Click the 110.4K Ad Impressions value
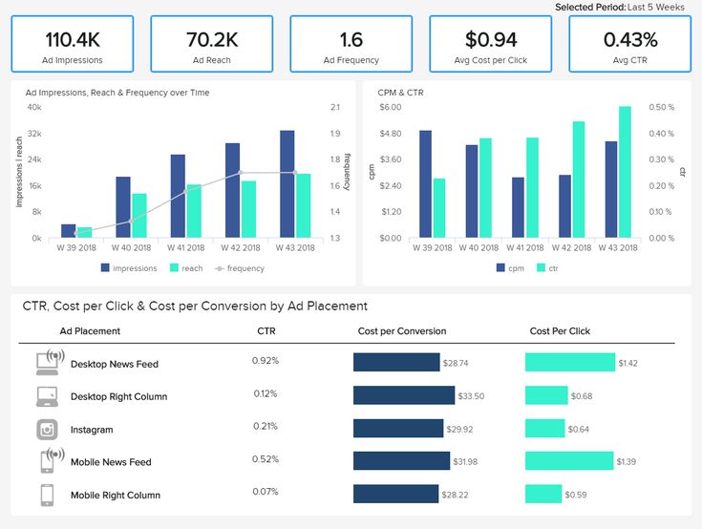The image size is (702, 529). (73, 39)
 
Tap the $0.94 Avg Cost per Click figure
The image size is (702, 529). (491, 39)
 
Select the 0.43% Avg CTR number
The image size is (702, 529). (630, 39)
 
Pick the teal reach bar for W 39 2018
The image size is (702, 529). (85, 232)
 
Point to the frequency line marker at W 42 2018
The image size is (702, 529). (240, 173)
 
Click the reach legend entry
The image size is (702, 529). (186, 268)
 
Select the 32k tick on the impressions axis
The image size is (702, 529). (34, 134)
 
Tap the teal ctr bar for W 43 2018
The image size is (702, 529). (625, 172)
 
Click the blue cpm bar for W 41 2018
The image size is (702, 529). (518, 207)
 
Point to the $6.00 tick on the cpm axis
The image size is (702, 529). (390, 107)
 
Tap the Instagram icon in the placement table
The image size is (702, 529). (48, 430)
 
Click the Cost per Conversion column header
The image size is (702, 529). (402, 331)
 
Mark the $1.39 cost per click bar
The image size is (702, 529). (569, 461)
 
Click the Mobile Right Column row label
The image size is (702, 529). (116, 495)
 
